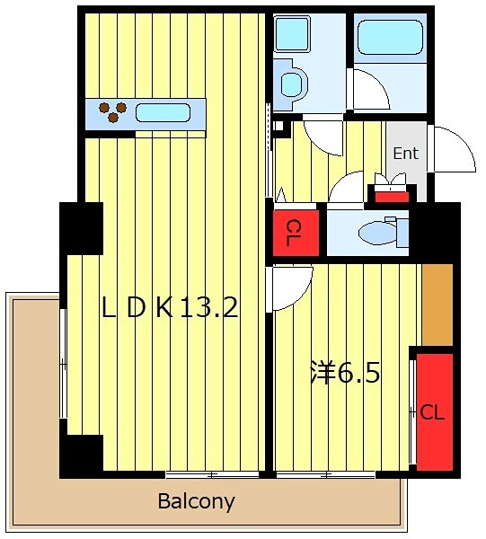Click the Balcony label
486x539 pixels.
(196, 501)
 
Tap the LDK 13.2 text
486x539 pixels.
(170, 307)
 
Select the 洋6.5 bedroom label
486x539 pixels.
(345, 373)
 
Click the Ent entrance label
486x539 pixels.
(405, 154)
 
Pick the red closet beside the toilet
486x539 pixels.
(296, 233)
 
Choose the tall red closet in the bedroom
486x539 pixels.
(435, 411)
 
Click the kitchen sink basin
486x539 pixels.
(163, 113)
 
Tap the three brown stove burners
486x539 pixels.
(112, 112)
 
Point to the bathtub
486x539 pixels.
(390, 37)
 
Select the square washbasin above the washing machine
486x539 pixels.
(292, 34)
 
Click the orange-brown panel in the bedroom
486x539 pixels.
(437, 305)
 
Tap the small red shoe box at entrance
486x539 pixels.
(392, 197)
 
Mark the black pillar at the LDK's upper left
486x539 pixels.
(82, 228)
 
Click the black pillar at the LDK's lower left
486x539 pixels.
(82, 456)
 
